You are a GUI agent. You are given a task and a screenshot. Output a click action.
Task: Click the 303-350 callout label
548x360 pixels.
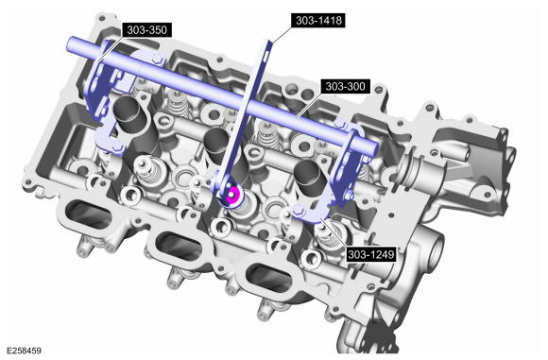pos(146,30)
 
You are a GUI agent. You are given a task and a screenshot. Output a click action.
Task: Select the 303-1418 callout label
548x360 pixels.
pos(318,20)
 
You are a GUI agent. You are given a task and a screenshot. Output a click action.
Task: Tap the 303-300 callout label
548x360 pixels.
pos(345,86)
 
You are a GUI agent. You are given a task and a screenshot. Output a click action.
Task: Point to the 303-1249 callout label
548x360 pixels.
pos(370,254)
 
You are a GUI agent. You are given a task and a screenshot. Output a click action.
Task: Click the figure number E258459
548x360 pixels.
pos(25,350)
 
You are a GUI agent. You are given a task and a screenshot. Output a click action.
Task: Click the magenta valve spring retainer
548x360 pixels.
pos(232,195)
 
